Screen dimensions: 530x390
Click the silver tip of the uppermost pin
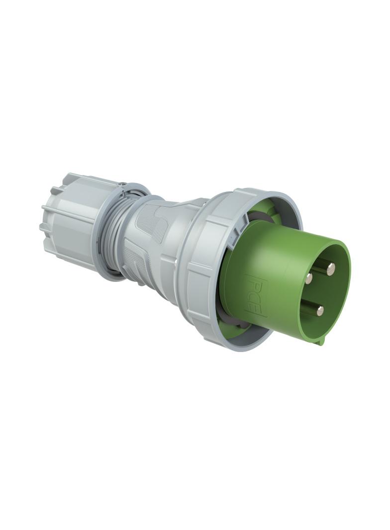coord(330,269)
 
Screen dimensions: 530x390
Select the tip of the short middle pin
coord(309,279)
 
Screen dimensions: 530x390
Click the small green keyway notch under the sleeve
coord(321,341)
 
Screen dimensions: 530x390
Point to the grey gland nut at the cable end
coord(70,219)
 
